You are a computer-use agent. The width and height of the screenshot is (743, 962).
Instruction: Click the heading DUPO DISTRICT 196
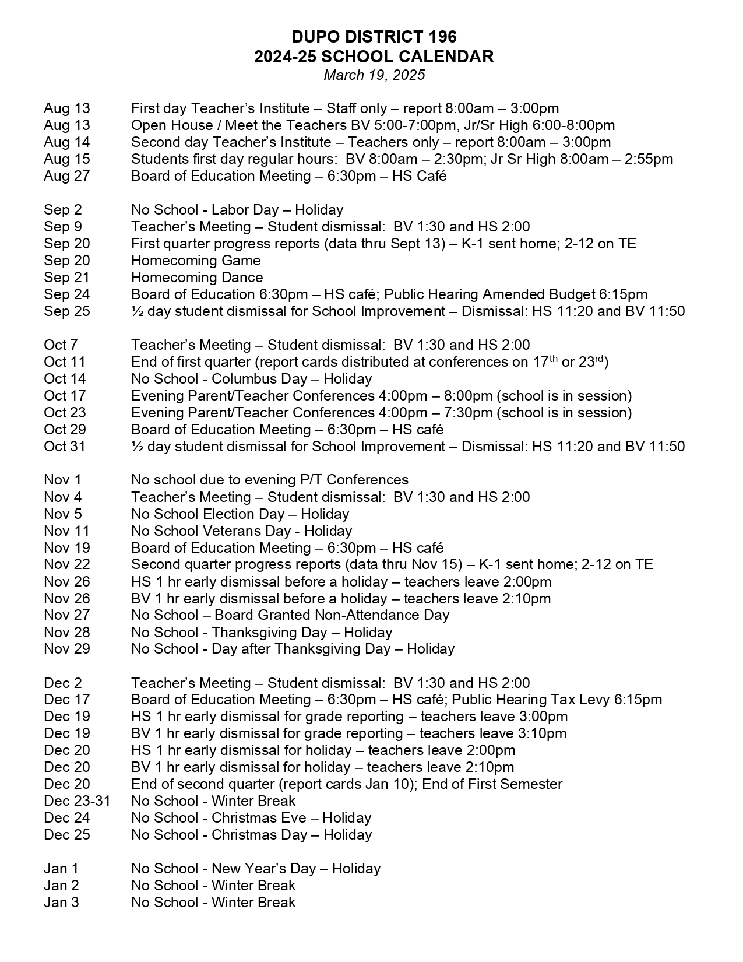374,37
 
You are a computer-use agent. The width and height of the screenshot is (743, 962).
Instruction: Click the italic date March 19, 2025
374,75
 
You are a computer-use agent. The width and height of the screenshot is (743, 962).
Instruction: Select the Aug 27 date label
67,176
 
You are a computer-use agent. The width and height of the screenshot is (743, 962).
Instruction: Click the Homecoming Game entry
196,261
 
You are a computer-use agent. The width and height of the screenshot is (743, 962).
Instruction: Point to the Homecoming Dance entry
197,278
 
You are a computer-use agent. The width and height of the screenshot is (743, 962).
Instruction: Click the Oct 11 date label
65,362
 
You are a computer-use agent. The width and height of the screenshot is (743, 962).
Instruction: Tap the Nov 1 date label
62,480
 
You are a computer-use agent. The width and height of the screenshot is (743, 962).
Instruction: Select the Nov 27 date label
67,615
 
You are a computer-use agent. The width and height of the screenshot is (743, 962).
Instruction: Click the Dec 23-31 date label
77,801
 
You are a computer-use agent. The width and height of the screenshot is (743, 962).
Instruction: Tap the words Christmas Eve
259,818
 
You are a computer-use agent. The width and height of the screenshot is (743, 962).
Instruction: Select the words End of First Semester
492,784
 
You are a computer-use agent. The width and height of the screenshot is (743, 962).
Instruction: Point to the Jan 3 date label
61,903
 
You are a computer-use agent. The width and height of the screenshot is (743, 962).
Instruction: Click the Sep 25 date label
67,311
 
